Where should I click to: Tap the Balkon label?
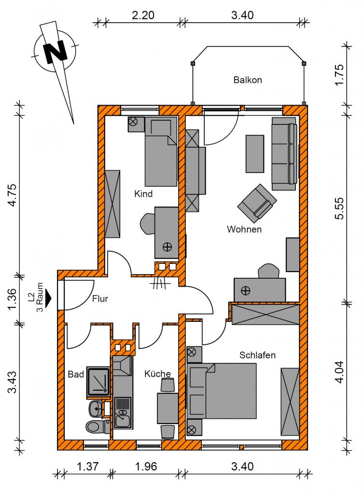coord(248,80)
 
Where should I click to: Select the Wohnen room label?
coord(244,229)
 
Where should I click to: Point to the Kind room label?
coord(143,193)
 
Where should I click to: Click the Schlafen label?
coord(257,355)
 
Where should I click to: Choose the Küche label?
coord(157,374)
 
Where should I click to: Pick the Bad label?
coord(76,374)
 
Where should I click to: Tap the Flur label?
coord(100,299)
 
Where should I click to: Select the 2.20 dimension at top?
coord(143,15)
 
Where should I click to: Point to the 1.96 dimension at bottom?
coord(146,467)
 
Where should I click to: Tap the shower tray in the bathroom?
coord(98,382)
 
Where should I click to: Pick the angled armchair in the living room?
coord(257,202)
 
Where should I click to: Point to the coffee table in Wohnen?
coord(254,154)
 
